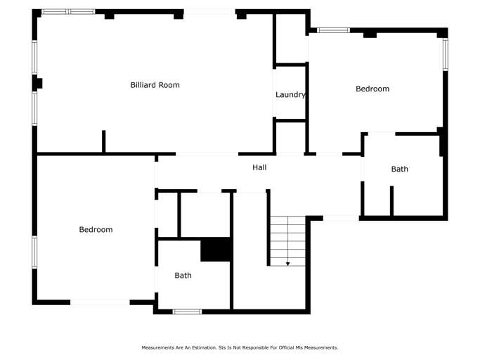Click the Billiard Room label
(155, 85)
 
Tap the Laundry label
(290, 95)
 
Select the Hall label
(259, 167)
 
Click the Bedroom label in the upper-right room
(372, 89)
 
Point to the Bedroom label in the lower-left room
(96, 229)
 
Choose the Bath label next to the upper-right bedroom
(399, 169)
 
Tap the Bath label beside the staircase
(183, 276)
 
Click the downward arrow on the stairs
(287, 262)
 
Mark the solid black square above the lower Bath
(216, 250)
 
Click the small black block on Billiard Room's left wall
(38, 83)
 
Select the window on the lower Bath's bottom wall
(187, 311)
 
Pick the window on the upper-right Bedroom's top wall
(333, 30)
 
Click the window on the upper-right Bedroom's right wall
(444, 54)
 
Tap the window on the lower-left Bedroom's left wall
(34, 251)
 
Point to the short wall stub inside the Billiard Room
(103, 141)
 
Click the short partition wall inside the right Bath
(391, 200)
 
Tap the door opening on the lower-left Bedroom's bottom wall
(100, 302)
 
